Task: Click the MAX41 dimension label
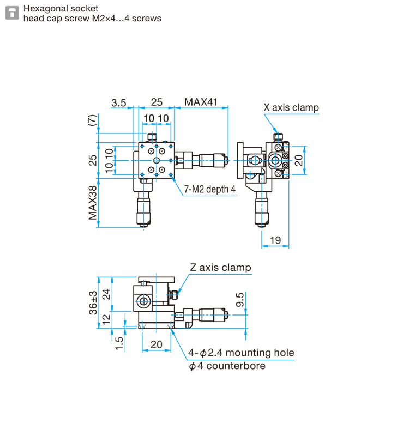tap(201, 102)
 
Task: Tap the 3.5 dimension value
tap(118, 102)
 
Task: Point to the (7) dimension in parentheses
tap(93, 121)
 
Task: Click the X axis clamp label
tap(291, 107)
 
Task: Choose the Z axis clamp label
tap(220, 268)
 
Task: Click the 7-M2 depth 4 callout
tap(209, 190)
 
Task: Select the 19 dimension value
tap(275, 240)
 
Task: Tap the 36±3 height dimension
tap(93, 302)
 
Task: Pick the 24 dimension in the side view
tap(107, 294)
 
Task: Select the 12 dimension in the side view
tap(107, 318)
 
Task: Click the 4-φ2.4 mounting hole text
tap(241, 353)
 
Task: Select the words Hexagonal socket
tap(61, 8)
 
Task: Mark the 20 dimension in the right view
tap(298, 160)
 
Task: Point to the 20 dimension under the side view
tap(156, 344)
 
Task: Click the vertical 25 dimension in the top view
tap(93, 160)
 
